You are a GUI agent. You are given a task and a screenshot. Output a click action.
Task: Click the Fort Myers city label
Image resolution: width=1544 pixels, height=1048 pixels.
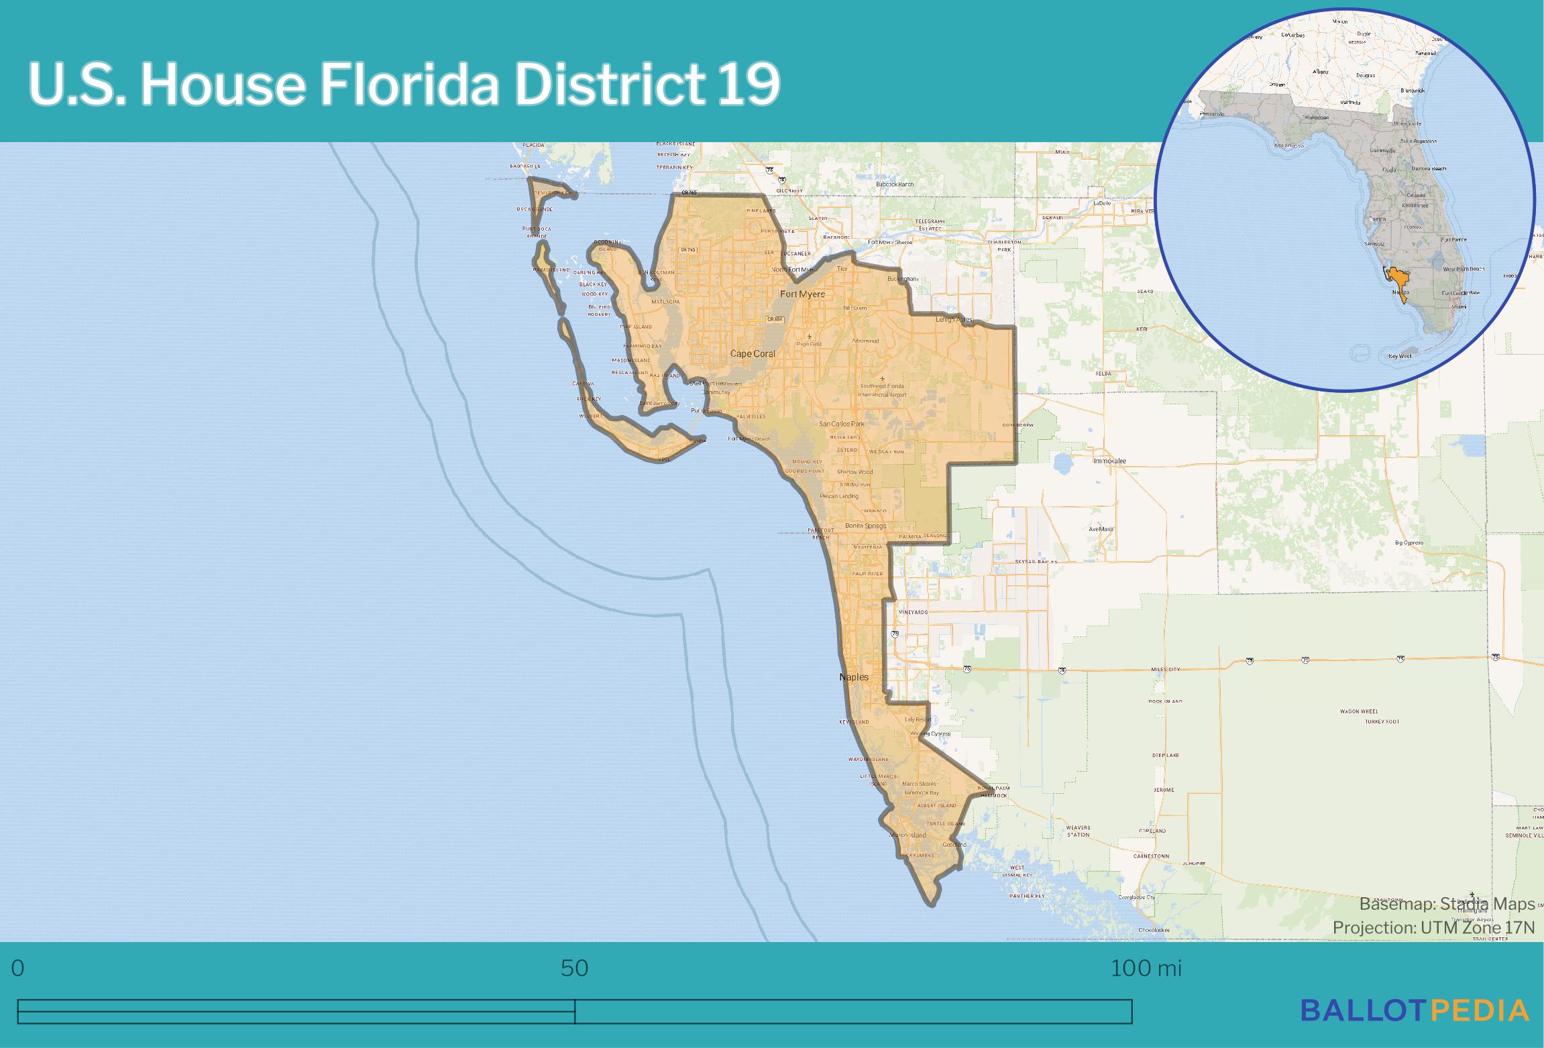[802, 294]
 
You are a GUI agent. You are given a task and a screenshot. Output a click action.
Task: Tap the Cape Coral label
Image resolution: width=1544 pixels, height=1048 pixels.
[753, 353]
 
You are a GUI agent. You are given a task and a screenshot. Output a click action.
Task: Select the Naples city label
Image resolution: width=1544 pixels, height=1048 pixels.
[854, 677]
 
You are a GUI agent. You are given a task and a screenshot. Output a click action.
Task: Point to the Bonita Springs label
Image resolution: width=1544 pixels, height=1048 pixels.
[865, 526]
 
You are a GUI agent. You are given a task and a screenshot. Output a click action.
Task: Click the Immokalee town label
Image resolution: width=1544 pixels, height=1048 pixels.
[1110, 461]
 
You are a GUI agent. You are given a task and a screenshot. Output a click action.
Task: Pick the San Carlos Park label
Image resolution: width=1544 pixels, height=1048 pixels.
[842, 424]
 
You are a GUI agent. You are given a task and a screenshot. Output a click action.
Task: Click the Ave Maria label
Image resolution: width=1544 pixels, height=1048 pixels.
[1101, 529]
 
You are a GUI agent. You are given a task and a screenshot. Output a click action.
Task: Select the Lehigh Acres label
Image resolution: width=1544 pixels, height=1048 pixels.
[954, 319]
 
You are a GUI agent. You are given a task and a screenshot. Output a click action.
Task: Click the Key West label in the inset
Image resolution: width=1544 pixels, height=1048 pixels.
[1400, 356]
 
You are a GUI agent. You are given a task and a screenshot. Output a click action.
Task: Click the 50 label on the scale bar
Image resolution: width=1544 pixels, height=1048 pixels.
[575, 968]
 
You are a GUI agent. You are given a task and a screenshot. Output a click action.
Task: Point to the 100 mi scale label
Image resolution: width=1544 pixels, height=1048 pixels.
[1146, 968]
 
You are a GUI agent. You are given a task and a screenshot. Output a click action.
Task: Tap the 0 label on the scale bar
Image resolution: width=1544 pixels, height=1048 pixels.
[18, 968]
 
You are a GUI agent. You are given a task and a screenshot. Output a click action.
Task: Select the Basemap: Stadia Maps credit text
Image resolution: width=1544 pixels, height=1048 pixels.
[1447, 904]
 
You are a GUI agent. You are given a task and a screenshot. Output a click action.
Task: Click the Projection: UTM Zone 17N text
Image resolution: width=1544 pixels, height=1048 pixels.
[1433, 927]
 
